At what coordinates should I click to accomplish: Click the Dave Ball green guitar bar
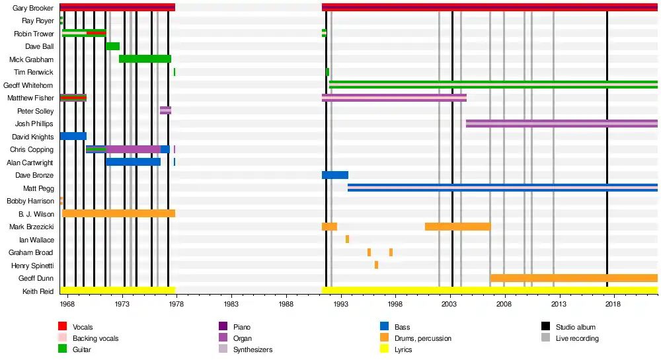[112, 46]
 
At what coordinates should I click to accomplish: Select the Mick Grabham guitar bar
[145, 59]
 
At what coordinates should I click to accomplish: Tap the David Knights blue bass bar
[73, 137]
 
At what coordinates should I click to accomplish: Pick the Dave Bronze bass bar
[335, 175]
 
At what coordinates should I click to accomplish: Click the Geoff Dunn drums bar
[574, 278]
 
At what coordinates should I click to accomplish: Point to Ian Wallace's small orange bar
[348, 239]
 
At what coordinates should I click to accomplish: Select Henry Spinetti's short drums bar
[377, 265]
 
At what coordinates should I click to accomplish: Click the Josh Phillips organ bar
[562, 124]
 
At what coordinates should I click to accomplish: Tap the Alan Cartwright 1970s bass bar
[134, 162]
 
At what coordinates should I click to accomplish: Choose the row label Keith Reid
[38, 291]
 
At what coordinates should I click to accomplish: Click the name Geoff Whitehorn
[28, 85]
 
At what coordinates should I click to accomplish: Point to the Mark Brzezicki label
[32, 227]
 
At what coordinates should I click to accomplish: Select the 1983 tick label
[231, 305]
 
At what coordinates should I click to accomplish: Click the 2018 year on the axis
[613, 305]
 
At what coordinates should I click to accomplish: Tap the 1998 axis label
[395, 305]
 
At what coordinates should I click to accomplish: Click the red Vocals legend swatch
[62, 326]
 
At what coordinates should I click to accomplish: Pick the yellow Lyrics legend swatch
[384, 349]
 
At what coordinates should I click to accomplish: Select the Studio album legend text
[576, 327]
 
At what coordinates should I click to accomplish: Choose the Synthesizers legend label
[253, 349]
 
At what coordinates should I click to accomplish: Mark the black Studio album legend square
[545, 326]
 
